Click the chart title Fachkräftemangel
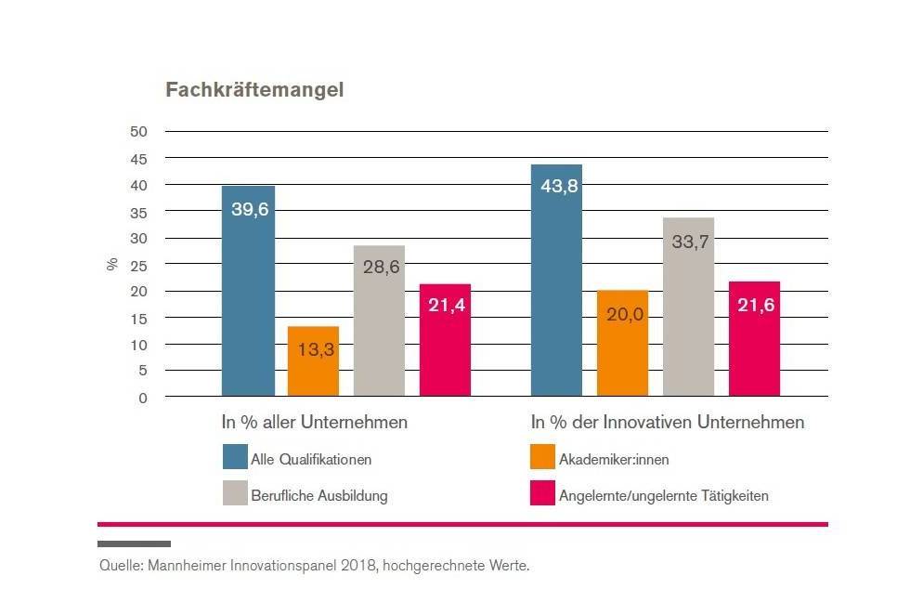[254, 90]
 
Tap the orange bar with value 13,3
[313, 361]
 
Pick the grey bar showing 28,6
[379, 321]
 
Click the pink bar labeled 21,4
[445, 340]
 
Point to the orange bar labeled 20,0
[622, 344]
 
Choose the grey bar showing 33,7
[688, 307]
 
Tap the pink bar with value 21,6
[754, 339]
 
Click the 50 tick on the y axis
[138, 131]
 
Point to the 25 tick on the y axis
[138, 265]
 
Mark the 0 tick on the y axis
[142, 398]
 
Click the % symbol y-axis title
[111, 264]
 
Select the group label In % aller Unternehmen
[314, 423]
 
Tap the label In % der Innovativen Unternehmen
[667, 423]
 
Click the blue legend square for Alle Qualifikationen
[235, 457]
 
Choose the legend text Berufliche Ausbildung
[318, 495]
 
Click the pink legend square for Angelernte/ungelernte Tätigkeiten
[542, 493]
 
